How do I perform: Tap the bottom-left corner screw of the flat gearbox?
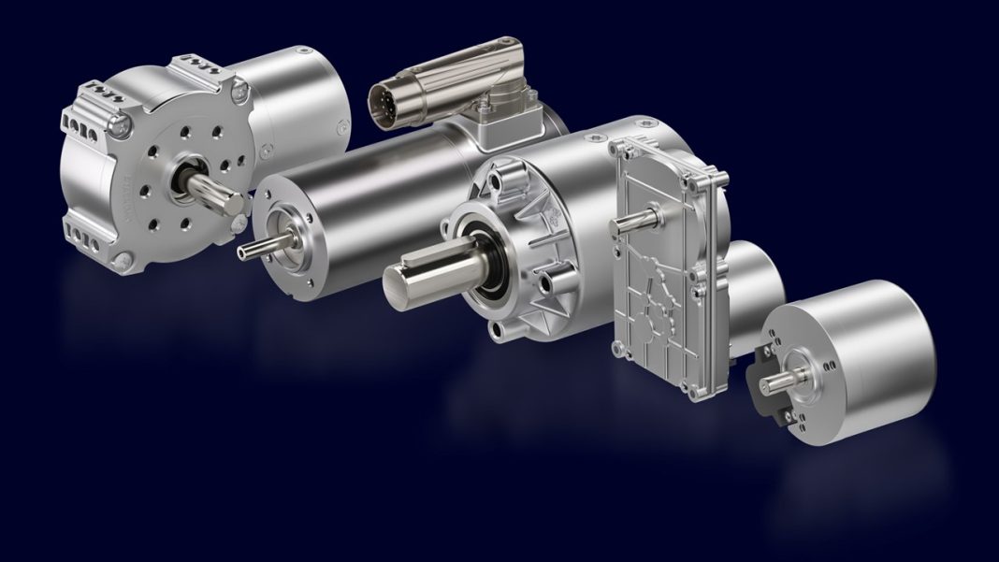[x=618, y=350]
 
